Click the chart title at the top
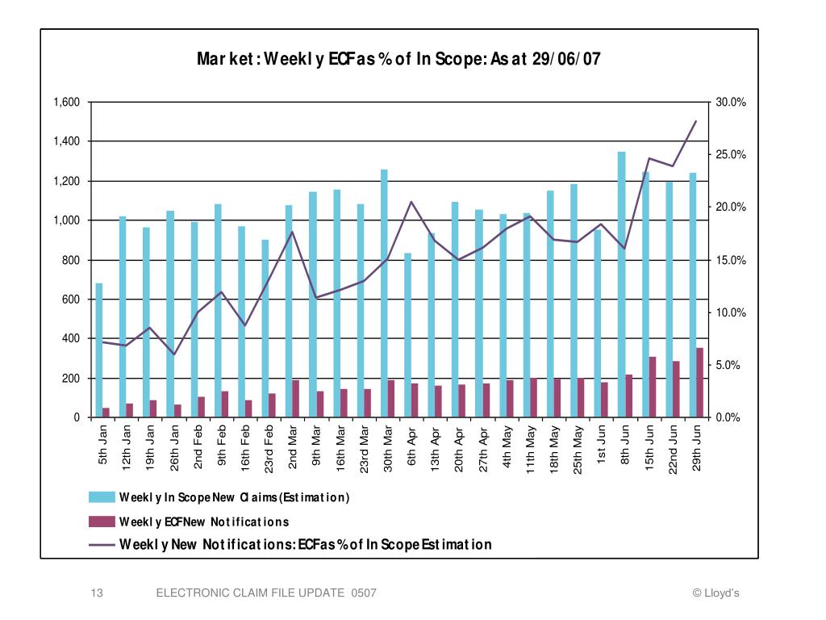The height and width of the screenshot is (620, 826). [399, 59]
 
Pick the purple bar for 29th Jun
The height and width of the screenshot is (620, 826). [699, 383]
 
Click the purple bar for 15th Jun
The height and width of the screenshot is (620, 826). [653, 387]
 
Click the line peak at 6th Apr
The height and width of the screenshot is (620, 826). [411, 202]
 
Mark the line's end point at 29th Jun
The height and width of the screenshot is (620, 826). [695, 121]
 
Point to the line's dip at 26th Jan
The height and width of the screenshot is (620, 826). [173, 354]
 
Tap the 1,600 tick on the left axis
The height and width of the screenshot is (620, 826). [67, 103]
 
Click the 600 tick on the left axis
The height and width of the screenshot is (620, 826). [72, 300]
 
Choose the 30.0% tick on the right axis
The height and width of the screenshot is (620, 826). [731, 103]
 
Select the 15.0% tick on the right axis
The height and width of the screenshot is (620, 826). [731, 260]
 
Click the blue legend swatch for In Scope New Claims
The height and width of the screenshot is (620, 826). [101, 496]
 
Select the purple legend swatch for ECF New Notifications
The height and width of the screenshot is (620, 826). [101, 522]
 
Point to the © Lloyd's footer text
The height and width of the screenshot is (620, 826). [715, 593]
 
